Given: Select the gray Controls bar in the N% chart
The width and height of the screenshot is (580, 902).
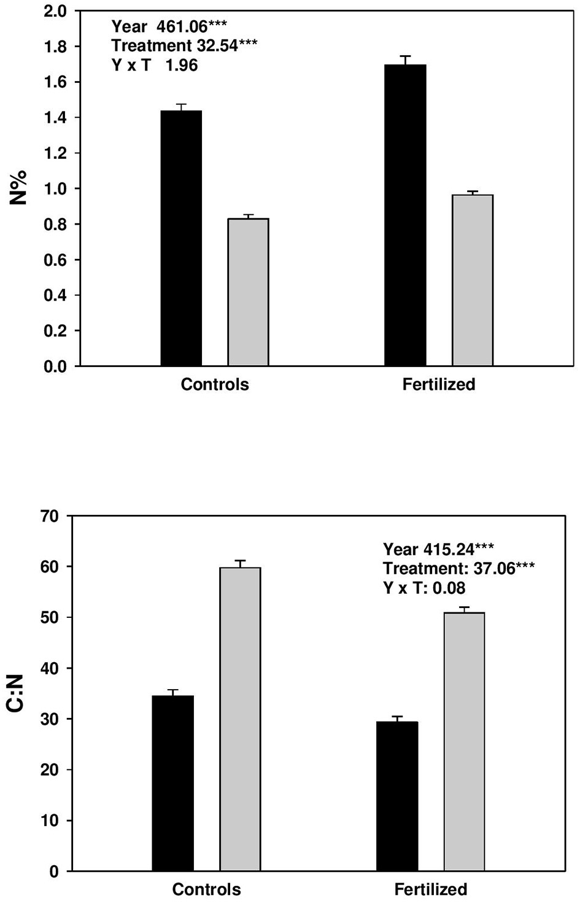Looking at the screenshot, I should [248, 292].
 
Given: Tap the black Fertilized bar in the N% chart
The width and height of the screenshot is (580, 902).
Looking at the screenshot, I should [405, 215].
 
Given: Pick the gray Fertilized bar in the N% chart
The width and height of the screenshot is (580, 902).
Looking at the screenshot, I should [473, 280].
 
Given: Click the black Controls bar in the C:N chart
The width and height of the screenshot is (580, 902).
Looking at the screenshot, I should [172, 783].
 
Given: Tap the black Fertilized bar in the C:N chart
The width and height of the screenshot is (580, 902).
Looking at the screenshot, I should [397, 796].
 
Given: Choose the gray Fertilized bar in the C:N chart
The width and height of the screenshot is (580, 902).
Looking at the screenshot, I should [465, 741].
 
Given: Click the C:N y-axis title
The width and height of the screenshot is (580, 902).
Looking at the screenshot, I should [15, 693].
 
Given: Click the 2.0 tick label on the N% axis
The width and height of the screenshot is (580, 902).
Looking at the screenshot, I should [55, 11].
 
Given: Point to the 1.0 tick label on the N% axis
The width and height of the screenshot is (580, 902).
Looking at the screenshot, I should [55, 189].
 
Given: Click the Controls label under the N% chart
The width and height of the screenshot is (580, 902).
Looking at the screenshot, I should [215, 385].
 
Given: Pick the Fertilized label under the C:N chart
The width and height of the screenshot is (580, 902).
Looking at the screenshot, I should [430, 889].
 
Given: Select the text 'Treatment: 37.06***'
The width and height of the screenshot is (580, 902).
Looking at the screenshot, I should [458, 568].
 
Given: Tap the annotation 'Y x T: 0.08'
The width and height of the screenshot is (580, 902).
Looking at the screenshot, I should [424, 588].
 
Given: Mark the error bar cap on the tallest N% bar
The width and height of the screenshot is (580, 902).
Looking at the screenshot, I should [405, 56].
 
